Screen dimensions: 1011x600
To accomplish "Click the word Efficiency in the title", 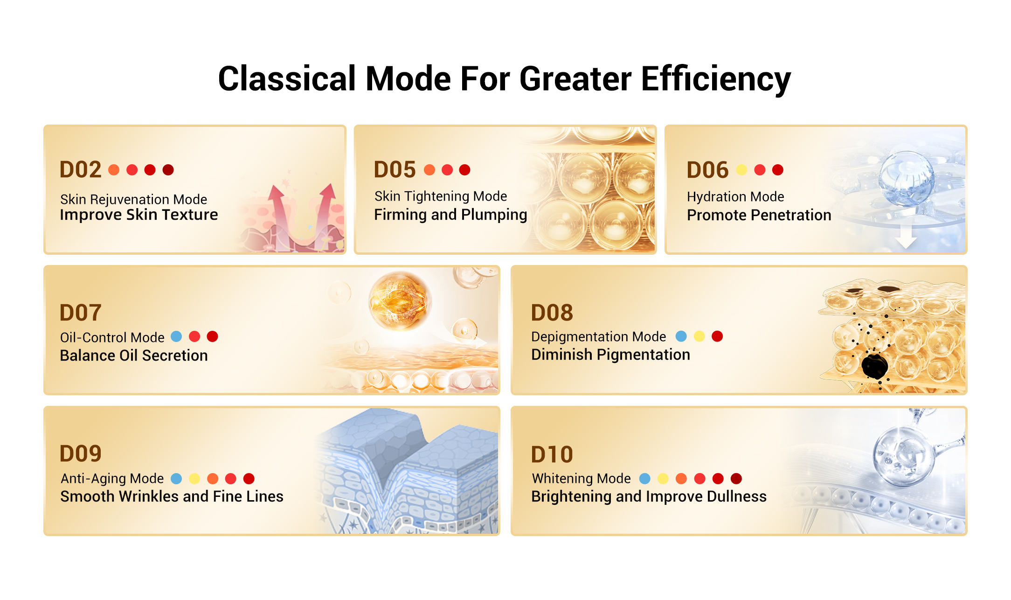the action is click(x=716, y=79).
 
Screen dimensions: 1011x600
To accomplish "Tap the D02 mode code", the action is click(x=80, y=170).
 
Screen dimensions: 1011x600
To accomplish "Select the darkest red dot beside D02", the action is click(x=168, y=170).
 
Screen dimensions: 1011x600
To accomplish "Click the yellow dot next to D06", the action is click(x=741, y=170).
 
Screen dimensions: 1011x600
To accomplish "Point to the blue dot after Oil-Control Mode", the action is click(x=176, y=336).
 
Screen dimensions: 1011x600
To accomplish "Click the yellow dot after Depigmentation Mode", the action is click(x=699, y=336).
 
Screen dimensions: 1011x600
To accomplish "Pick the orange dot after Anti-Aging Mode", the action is click(x=213, y=479).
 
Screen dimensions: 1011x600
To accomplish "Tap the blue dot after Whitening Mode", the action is click(x=645, y=479).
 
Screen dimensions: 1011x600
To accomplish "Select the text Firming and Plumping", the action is click(x=450, y=215).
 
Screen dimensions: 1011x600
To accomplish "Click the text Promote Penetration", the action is click(x=759, y=215).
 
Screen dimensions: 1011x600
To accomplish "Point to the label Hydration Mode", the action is click(x=735, y=197).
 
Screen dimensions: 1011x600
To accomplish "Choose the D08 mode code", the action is click(x=552, y=313).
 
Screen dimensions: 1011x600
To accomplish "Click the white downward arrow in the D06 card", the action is click(x=906, y=236).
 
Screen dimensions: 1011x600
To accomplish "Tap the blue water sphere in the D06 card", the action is click(x=906, y=179).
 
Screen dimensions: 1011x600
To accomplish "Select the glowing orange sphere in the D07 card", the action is click(x=400, y=301).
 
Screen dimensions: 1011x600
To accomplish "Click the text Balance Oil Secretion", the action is click(x=134, y=356).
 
